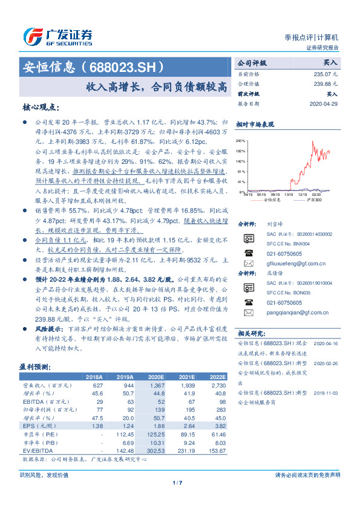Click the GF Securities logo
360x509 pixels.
pyautogui.click(x=58, y=37)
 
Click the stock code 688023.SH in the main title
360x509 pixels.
pyautogui.click(x=126, y=66)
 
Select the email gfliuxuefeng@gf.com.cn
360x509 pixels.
pyautogui.click(x=296, y=264)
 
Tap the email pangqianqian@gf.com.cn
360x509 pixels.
pyautogui.click(x=298, y=313)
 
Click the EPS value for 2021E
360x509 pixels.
pyautogui.click(x=186, y=426)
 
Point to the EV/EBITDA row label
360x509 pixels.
pyautogui.click(x=37, y=450)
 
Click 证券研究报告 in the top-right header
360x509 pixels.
pyautogui.click(x=322, y=48)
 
